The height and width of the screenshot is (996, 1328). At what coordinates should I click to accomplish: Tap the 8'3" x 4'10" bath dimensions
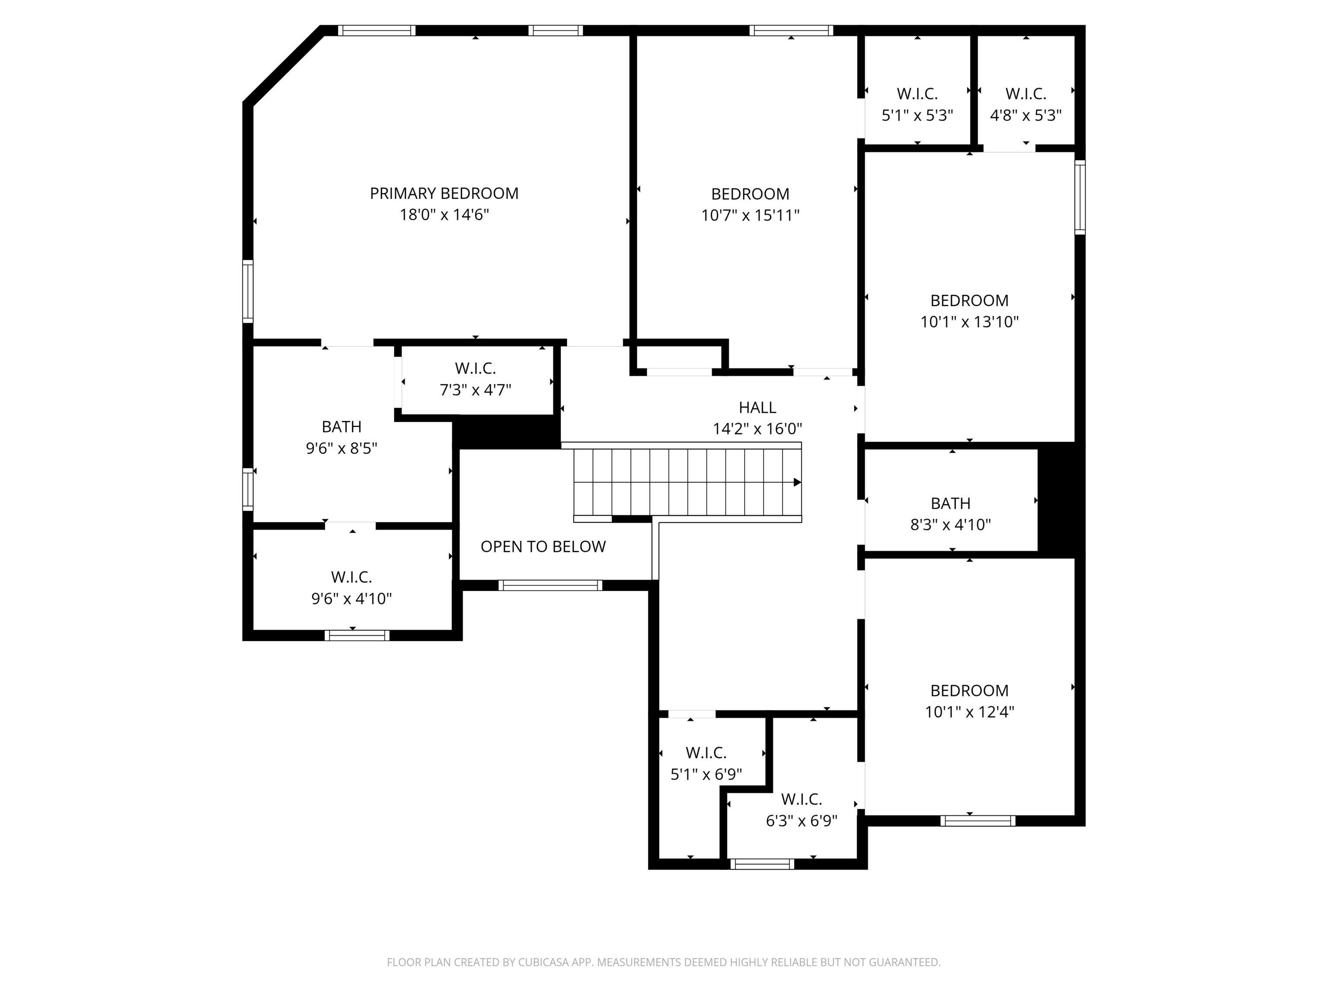[x=950, y=525]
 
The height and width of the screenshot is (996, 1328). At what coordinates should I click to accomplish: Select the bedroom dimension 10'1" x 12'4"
[x=969, y=712]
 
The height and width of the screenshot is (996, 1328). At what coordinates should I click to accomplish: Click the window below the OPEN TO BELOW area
[x=550, y=585]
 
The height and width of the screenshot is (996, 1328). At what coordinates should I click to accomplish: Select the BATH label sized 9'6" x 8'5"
[x=342, y=427]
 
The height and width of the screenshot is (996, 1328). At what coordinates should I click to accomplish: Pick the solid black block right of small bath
[x=1061, y=499]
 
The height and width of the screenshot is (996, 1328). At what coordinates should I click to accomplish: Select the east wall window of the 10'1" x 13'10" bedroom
[x=1079, y=198]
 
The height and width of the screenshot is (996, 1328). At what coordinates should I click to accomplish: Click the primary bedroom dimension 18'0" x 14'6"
[x=444, y=215]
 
